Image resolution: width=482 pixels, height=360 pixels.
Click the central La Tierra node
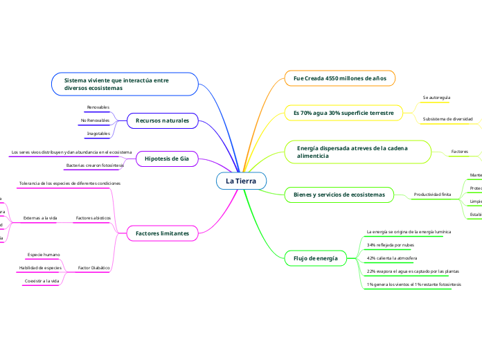click(241, 181)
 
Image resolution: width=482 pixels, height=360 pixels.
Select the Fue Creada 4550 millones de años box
click(340, 78)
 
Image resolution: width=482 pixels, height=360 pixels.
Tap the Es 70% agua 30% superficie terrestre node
click(343, 112)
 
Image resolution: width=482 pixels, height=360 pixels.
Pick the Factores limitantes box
click(163, 233)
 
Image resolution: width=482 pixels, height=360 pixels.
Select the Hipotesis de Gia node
click(167, 159)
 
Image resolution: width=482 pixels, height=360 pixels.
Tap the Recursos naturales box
click(162, 120)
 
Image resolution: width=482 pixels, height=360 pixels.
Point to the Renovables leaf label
click(98, 107)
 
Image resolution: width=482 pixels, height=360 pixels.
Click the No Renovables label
click(95, 120)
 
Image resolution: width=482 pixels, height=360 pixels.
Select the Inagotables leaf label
click(98, 133)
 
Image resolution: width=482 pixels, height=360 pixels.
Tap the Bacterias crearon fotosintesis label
click(95, 165)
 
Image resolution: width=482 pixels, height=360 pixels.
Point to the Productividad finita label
click(432, 195)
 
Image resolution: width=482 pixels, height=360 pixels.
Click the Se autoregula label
click(436, 98)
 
